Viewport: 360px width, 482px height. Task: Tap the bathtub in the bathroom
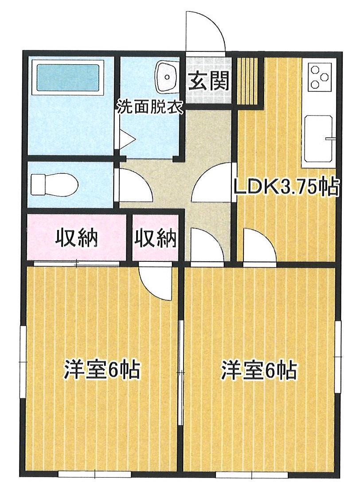pyautogui.click(x=68, y=78)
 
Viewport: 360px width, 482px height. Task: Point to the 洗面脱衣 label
pyautogui.click(x=150, y=108)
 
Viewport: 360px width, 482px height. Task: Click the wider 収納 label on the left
pyautogui.click(x=76, y=239)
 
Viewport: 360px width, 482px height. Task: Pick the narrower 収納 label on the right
pyautogui.click(x=156, y=239)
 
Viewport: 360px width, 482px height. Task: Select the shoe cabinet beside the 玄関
pyautogui.click(x=248, y=80)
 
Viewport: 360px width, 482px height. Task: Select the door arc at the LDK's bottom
pyautogui.click(x=259, y=246)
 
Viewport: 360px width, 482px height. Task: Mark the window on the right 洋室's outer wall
pyautogui.click(x=338, y=357)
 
